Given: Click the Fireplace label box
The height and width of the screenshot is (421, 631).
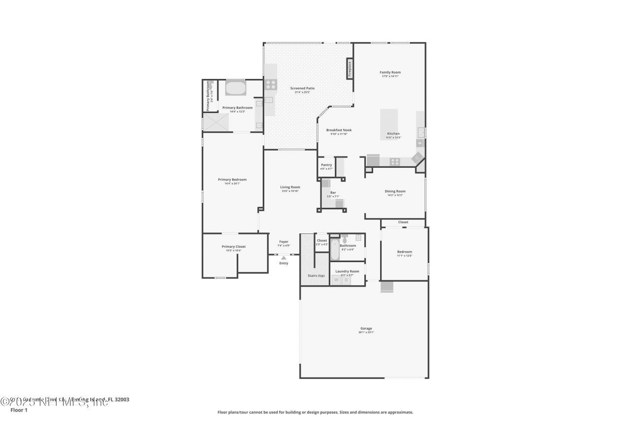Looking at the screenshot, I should pyautogui.click(x=350, y=68).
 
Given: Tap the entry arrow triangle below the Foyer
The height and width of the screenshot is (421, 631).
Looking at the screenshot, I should pyautogui.click(x=283, y=257).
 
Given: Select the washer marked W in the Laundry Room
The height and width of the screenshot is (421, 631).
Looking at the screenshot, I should pyautogui.click(x=337, y=280).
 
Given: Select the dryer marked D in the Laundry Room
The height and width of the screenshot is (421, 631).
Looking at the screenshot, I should pyautogui.click(x=346, y=280).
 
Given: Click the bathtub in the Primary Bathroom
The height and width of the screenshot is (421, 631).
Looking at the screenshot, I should pyautogui.click(x=236, y=89).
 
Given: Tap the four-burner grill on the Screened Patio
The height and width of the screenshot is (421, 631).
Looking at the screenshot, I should pyautogui.click(x=271, y=84).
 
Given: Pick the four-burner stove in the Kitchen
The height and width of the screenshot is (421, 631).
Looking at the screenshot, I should pyautogui.click(x=395, y=161).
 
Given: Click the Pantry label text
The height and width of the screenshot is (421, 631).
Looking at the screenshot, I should pyautogui.click(x=326, y=165).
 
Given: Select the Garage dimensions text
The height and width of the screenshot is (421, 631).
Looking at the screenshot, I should pyautogui.click(x=366, y=332).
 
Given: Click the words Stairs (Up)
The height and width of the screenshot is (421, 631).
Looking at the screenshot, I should pyautogui.click(x=315, y=275).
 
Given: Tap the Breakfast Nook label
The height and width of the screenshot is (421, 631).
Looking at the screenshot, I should pyautogui.click(x=339, y=130).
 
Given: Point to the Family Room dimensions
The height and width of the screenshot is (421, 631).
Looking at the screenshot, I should pyautogui.click(x=390, y=76).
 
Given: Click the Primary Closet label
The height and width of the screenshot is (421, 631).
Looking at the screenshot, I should pyautogui.click(x=234, y=246).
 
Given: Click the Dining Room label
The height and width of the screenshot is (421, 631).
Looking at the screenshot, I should pyautogui.click(x=395, y=191).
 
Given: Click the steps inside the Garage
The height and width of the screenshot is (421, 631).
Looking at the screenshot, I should pyautogui.click(x=386, y=287).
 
